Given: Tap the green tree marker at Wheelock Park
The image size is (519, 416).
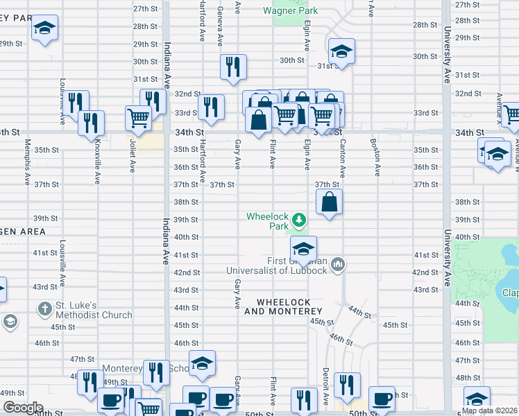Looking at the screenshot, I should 299,220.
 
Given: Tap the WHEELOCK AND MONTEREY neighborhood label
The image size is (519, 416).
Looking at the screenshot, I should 283,306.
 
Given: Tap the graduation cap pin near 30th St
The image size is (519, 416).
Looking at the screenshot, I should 341,52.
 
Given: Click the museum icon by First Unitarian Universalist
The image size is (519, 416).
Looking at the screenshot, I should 339,263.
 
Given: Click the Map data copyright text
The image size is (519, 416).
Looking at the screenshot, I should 490,410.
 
